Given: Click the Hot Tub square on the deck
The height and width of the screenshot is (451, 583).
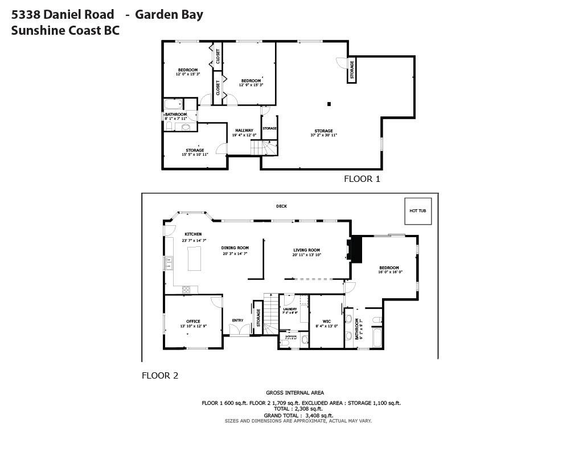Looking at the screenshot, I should (x=418, y=211).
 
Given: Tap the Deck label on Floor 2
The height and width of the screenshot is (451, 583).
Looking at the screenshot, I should (x=281, y=206).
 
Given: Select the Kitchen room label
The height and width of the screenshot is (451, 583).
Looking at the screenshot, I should (x=193, y=234).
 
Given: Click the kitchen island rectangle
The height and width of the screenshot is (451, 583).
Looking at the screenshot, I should (x=195, y=258).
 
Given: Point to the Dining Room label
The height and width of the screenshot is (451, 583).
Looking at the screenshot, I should (x=235, y=248).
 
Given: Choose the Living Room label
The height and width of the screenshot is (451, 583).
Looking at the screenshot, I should (x=307, y=250).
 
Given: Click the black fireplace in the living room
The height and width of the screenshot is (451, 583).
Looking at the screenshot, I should (x=356, y=249).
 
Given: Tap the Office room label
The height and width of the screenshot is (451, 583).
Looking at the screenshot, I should (x=194, y=322).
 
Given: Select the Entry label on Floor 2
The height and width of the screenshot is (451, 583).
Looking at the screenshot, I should (x=237, y=320).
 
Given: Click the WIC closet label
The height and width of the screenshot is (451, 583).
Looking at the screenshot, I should (x=327, y=322).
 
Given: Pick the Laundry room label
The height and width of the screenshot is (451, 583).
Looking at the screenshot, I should (x=290, y=310).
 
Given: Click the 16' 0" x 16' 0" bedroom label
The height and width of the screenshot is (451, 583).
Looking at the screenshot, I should (x=389, y=268).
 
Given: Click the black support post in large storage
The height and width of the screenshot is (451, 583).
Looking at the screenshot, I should (x=329, y=104).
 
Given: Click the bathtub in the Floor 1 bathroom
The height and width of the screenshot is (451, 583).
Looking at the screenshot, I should (x=173, y=104).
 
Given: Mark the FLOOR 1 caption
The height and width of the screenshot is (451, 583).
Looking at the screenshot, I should (x=362, y=179).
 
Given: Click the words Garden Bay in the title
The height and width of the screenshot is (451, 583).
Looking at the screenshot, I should (x=169, y=15).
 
